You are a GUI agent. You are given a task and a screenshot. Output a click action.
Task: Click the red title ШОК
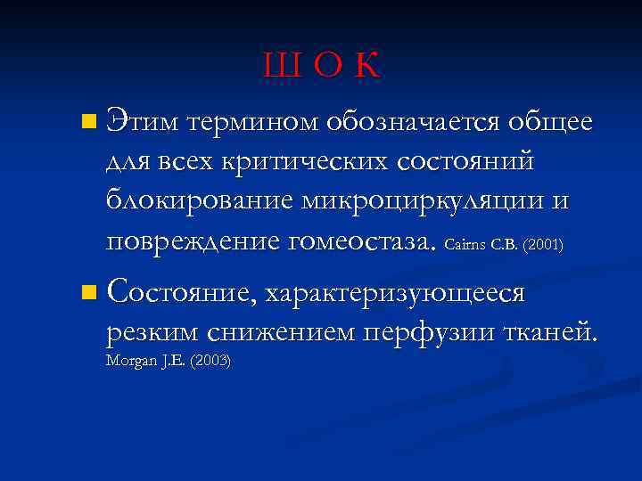pos(321,65)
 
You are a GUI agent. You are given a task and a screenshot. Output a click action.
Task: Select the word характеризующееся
pos(393,293)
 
